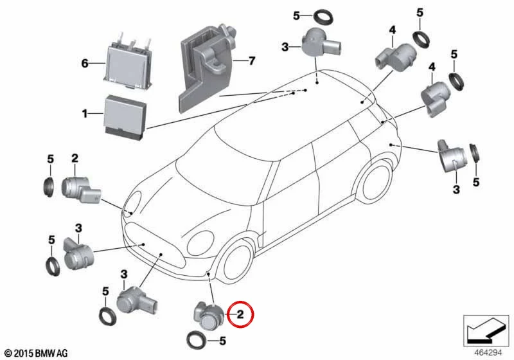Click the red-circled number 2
point(240,314)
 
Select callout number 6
point(85,62)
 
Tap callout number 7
point(252,60)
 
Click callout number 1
point(85,114)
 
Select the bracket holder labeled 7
point(207,67)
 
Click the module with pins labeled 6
point(128,64)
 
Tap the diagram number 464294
point(488,352)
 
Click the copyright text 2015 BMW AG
point(37,353)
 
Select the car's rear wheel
point(373,183)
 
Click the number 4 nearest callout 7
point(393,30)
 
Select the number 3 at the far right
point(456,189)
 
